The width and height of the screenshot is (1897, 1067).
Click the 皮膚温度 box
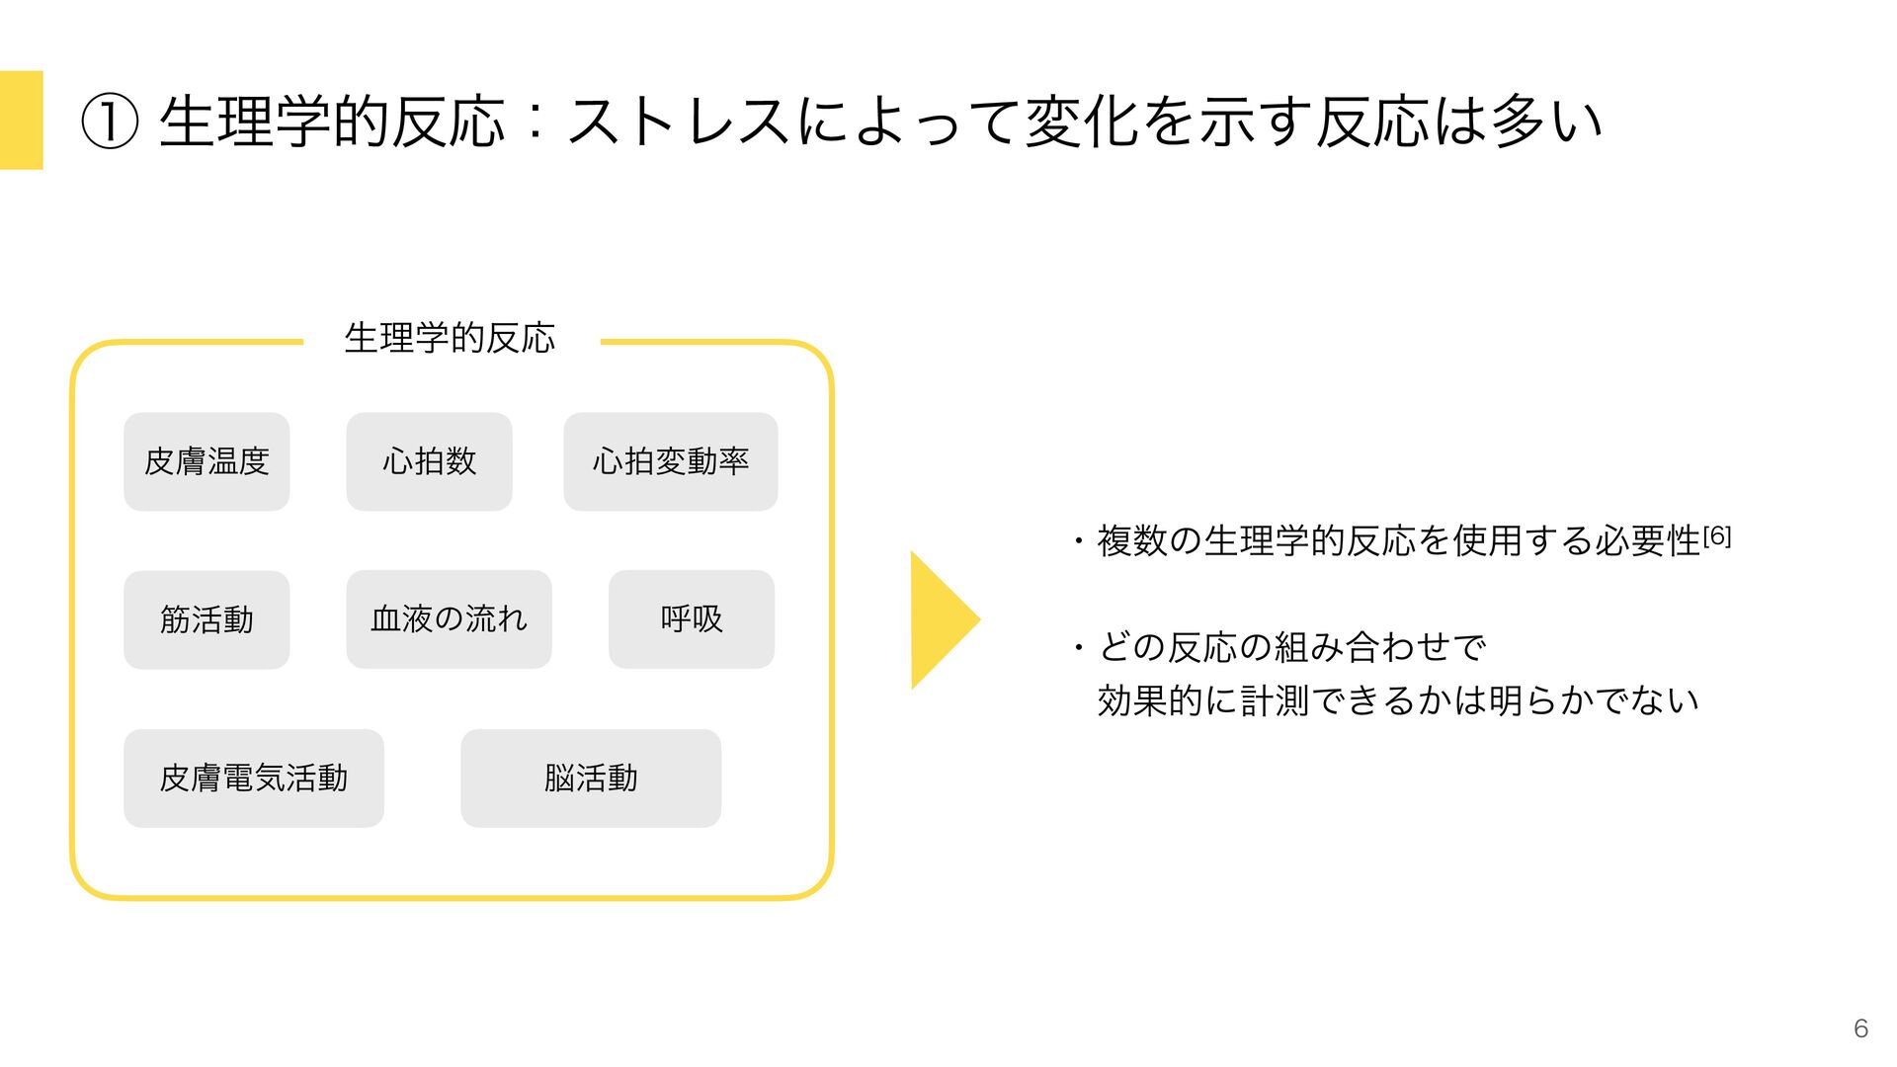pyautogui.click(x=206, y=461)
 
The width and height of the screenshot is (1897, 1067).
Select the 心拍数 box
pyautogui.click(x=429, y=461)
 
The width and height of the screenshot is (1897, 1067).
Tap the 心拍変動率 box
pyautogui.click(x=670, y=461)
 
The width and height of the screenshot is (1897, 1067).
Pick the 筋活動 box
pyautogui.click(x=206, y=619)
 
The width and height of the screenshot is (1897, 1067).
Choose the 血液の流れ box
pyautogui.click(x=449, y=619)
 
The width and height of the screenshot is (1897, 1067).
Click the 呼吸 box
pyautogui.click(x=692, y=619)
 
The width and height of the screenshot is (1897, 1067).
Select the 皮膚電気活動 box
pyautogui.click(x=254, y=779)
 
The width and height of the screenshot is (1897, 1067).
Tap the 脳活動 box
pyautogui.click(x=591, y=779)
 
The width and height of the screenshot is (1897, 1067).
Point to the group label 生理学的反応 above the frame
pyautogui.click(x=450, y=339)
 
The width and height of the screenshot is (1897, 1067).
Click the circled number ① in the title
pyautogui.click(x=109, y=123)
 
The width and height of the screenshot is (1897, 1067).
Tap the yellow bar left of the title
pyautogui.click(x=21, y=120)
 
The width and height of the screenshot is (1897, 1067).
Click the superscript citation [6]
pyautogui.click(x=1717, y=535)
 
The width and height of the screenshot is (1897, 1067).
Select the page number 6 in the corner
pyautogui.click(x=1860, y=1028)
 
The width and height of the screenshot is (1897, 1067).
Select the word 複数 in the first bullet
pyautogui.click(x=1132, y=541)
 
